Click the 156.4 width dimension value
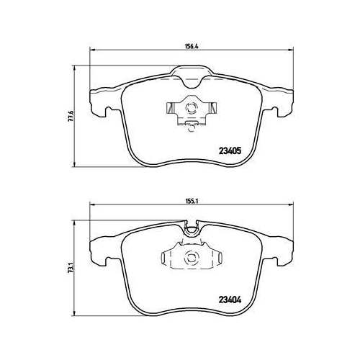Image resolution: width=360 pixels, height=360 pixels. (191, 46)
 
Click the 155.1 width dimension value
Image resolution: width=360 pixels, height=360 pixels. (191, 202)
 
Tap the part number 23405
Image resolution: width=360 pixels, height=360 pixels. (230, 151)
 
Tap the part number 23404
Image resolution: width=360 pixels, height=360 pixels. (230, 300)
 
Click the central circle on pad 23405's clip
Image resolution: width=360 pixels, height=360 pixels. (192, 107)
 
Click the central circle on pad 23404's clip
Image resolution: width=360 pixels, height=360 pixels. (192, 257)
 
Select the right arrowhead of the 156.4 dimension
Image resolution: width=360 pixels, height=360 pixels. (290, 50)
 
